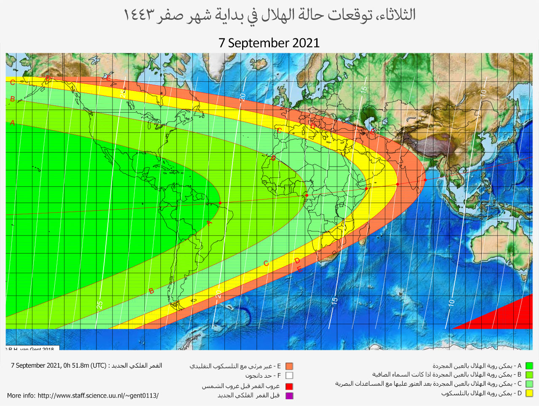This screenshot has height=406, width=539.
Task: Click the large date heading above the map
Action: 269,43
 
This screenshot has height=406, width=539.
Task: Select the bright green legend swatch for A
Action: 529,366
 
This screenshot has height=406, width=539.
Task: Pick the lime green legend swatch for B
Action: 529,375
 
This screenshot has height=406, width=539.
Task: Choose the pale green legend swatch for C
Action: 529,384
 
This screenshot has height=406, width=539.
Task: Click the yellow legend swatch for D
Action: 529,393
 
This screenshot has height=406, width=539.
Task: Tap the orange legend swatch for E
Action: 289,366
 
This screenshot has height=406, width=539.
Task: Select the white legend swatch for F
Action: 289,375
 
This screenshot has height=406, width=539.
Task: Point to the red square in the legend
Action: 289,386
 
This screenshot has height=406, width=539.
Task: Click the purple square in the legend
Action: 289,395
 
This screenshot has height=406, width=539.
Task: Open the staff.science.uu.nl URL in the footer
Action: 98,395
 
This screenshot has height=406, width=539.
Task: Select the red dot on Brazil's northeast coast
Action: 220,203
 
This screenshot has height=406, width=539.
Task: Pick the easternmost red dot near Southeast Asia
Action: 425,180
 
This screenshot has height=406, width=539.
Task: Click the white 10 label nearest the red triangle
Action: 451,302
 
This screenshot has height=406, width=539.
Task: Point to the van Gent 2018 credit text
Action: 31,349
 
